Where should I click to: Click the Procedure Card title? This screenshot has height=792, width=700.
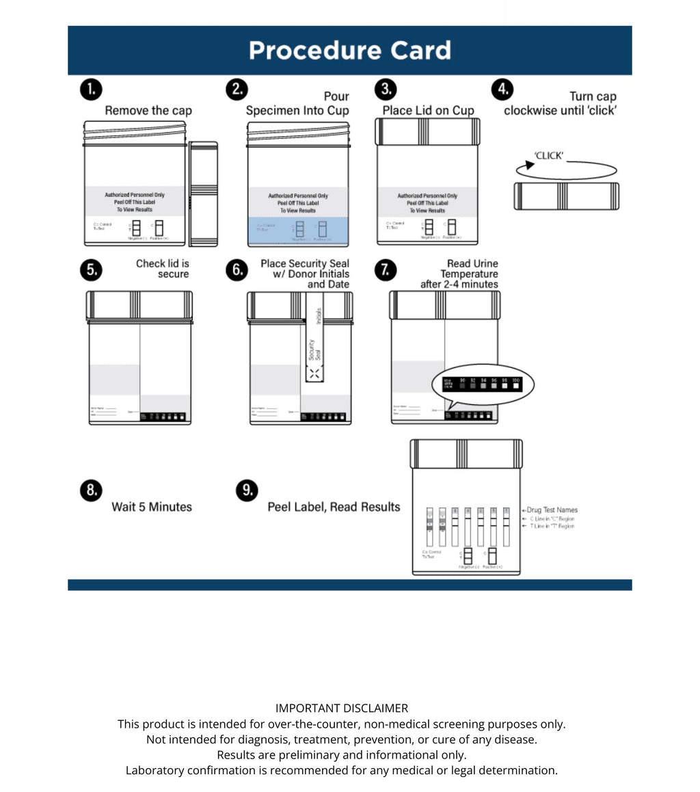(x=349, y=51)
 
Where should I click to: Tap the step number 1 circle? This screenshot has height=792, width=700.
(x=91, y=90)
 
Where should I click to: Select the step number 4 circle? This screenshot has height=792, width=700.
(x=502, y=90)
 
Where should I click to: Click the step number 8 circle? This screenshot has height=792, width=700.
(x=91, y=490)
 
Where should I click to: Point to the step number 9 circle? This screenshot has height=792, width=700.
(x=247, y=490)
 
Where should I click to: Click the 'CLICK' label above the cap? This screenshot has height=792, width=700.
(x=549, y=156)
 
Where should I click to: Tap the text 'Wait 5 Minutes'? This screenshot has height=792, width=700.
(x=152, y=507)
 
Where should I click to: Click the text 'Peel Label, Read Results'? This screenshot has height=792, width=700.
(x=334, y=507)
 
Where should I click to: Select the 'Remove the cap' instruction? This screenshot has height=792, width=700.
(x=148, y=111)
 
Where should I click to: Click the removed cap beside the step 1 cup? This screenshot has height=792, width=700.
(x=203, y=194)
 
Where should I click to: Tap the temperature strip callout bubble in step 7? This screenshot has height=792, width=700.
(x=483, y=384)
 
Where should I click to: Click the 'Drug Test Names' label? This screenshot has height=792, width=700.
(x=552, y=510)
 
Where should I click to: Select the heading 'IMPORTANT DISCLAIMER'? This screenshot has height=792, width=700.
(x=342, y=709)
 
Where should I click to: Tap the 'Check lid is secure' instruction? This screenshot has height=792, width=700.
(x=163, y=269)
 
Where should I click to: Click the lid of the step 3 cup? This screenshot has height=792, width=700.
(x=427, y=131)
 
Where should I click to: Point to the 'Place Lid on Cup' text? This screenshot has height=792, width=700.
(x=428, y=111)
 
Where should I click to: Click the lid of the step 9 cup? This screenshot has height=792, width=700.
(x=466, y=454)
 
